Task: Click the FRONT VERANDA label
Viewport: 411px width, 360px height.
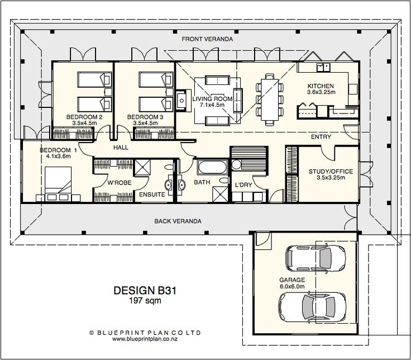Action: (x=207, y=40)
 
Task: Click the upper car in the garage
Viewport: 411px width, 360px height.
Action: (x=309, y=258)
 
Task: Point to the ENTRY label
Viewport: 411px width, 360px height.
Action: (x=322, y=137)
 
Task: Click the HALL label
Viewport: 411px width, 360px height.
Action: (x=121, y=148)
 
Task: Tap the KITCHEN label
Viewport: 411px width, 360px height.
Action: (x=322, y=86)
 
